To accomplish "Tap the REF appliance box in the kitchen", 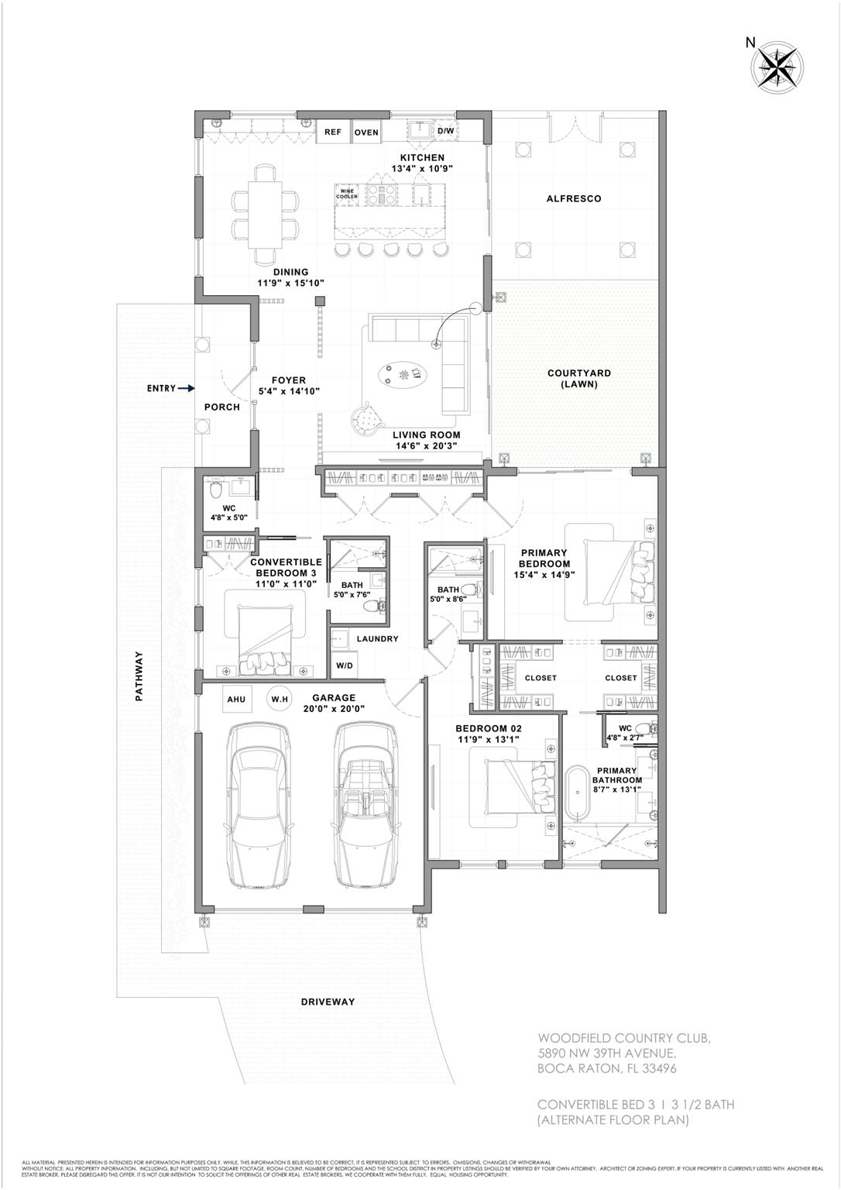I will tap(333, 132).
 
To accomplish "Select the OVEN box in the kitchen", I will tap(366, 132).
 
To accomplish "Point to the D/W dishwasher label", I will tap(446, 131).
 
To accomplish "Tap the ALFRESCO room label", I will tap(574, 199).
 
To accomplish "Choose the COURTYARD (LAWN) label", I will tap(574, 378).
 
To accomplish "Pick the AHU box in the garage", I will tap(236, 700).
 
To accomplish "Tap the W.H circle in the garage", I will tap(279, 700).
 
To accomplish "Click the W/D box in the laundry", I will tap(343, 666).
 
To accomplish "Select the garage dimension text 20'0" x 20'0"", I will tap(334, 709).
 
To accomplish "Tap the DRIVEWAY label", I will tap(328, 1002).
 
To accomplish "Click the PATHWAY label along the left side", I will tap(140, 676).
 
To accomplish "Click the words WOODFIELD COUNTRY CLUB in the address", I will tap(623, 1038).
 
